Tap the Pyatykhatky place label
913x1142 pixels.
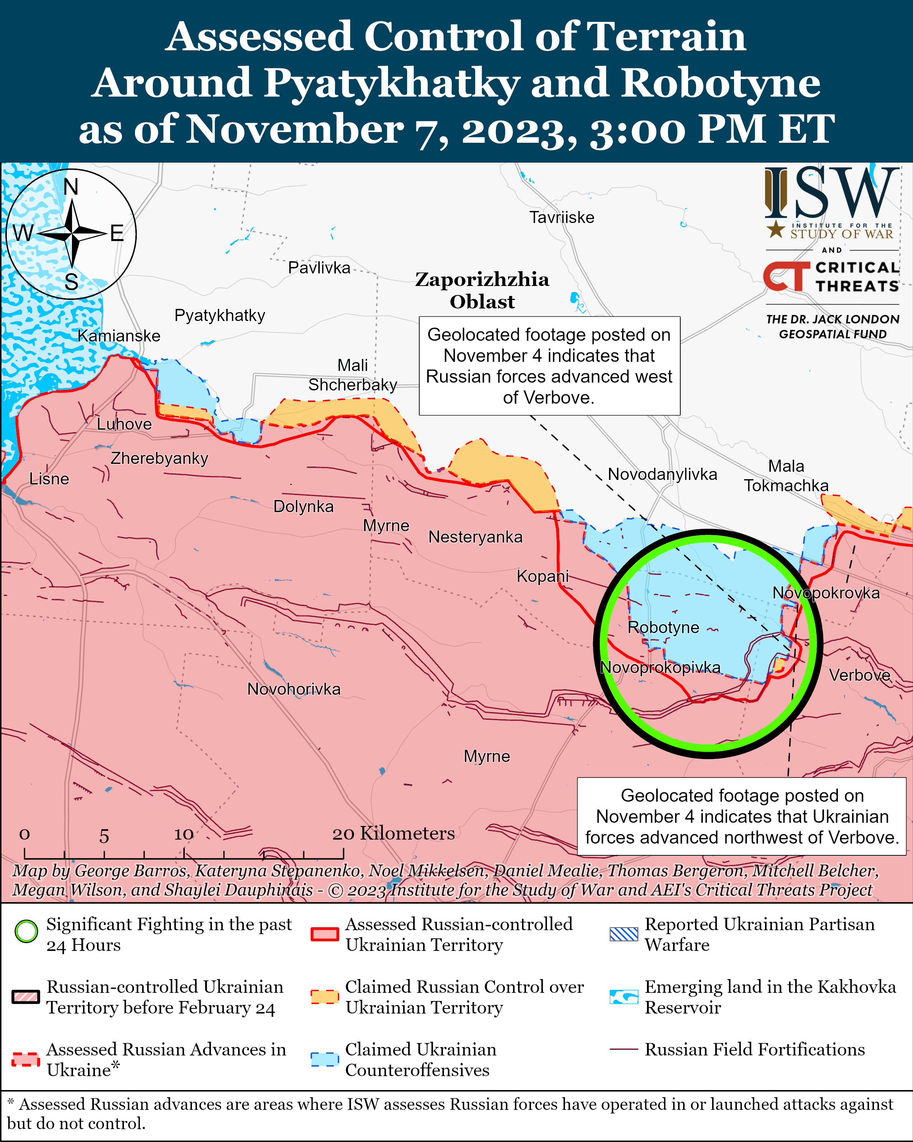click(x=219, y=315)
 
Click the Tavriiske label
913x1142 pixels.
click(x=562, y=217)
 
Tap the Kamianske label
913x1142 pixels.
click(x=119, y=335)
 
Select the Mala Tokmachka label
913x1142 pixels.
click(x=786, y=476)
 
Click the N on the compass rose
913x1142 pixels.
click(x=71, y=187)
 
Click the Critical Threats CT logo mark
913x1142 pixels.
click(x=786, y=277)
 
